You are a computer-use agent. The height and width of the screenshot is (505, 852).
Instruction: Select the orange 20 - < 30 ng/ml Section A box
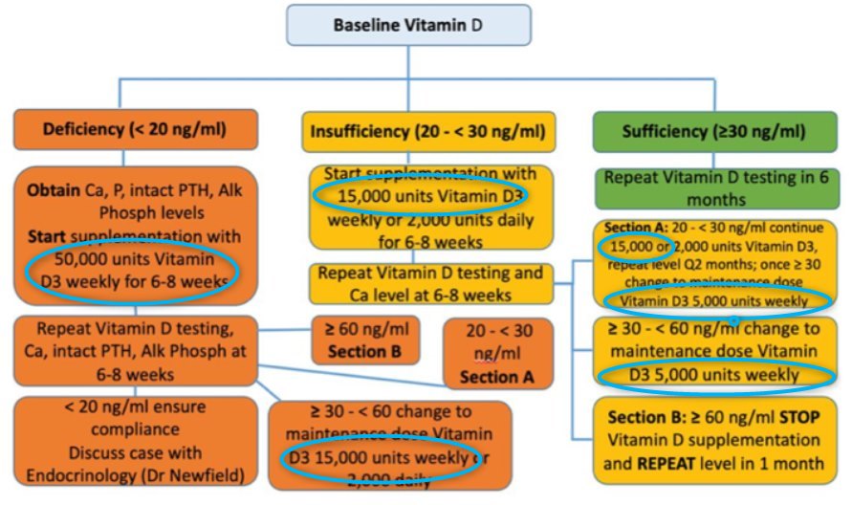[497, 353]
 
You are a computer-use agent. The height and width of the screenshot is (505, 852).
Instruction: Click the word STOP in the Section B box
[797, 417]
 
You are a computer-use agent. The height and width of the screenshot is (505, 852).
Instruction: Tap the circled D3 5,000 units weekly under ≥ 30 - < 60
[712, 375]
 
